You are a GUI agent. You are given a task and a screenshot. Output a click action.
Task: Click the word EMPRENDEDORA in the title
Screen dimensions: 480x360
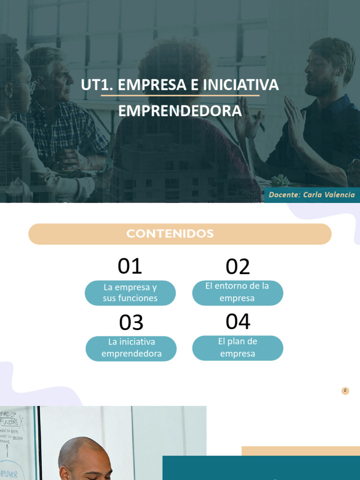pyautogui.click(x=180, y=111)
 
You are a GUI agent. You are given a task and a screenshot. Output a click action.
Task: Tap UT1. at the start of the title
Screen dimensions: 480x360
pyautogui.click(x=96, y=85)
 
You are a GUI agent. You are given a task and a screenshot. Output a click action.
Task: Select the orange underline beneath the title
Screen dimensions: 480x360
pyautogui.click(x=180, y=96)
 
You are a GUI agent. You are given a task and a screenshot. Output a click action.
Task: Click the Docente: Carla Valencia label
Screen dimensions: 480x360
pyautogui.click(x=312, y=195)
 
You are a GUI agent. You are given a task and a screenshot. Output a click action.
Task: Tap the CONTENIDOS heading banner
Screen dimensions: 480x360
pyautogui.click(x=180, y=234)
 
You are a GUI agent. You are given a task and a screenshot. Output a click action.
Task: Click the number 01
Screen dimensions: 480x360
pyautogui.click(x=130, y=267)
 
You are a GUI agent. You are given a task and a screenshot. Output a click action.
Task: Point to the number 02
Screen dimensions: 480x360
pyautogui.click(x=238, y=267)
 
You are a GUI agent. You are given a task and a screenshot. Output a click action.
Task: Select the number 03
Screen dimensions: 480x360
pyautogui.click(x=131, y=323)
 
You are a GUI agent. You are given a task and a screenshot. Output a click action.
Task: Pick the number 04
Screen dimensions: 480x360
pyautogui.click(x=238, y=322)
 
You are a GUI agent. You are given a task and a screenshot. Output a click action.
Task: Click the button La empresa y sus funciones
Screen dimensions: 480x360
pyautogui.click(x=130, y=293)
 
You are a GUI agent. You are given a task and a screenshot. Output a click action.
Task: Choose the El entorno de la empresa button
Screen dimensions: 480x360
pyautogui.click(x=238, y=292)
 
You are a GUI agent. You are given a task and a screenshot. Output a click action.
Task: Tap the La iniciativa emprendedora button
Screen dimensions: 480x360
pyautogui.click(x=131, y=348)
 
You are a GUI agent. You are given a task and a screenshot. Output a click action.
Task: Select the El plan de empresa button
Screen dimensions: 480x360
pyautogui.click(x=238, y=348)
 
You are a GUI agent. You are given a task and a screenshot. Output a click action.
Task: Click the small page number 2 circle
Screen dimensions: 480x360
pyautogui.click(x=345, y=391)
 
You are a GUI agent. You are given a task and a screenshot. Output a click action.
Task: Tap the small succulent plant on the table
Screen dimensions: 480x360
pyautogui.click(x=280, y=180)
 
